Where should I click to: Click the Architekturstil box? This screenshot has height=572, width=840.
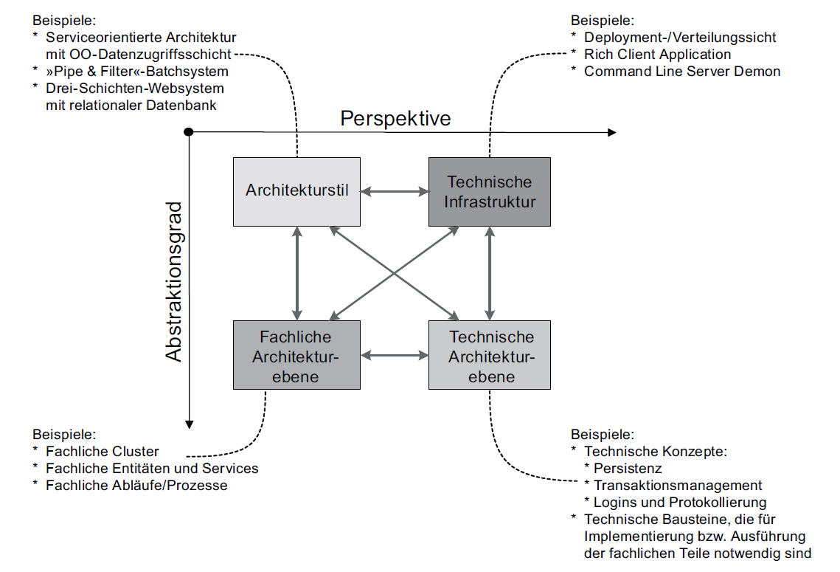(x=296, y=191)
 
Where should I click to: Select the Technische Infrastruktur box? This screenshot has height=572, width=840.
(x=490, y=191)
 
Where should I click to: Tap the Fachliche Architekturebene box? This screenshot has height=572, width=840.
(x=296, y=355)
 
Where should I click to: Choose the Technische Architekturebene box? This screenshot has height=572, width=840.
(x=490, y=355)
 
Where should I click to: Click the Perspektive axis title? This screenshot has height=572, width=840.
(x=395, y=118)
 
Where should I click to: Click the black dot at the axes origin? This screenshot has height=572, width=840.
(x=189, y=131)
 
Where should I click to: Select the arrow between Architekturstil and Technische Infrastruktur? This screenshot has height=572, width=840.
(x=395, y=192)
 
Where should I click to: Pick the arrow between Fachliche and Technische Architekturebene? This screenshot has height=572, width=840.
(x=395, y=356)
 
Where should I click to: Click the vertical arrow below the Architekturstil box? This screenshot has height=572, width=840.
(x=296, y=273)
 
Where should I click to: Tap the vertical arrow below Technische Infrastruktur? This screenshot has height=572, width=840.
(x=489, y=273)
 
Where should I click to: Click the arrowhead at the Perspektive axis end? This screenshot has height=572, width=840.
(x=611, y=132)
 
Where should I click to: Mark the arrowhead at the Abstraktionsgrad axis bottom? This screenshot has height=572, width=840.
(x=190, y=424)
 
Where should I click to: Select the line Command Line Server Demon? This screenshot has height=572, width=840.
(x=681, y=72)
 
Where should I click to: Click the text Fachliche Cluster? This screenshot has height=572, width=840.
(x=102, y=451)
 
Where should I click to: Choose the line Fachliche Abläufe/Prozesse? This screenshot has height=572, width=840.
(x=136, y=486)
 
